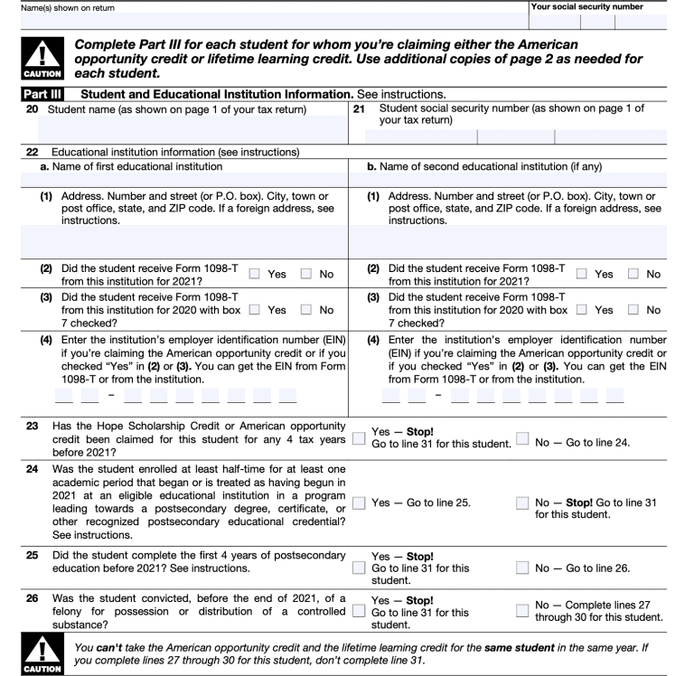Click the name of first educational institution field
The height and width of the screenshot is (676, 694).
click(175, 179)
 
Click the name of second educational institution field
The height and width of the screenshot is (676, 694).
click(520, 179)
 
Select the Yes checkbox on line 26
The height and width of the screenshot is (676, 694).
click(361, 612)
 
